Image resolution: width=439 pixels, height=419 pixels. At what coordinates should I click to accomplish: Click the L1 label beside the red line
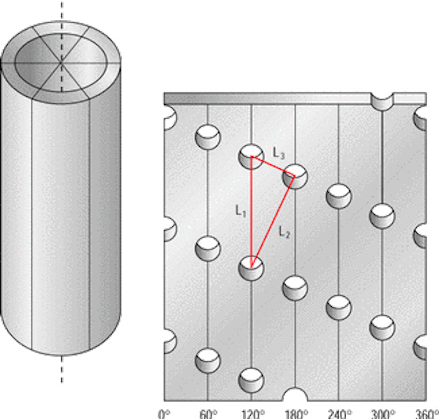coord(240,211)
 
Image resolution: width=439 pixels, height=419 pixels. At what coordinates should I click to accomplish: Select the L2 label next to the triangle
coord(284,233)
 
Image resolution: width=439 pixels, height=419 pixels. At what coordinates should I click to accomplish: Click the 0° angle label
coord(165,413)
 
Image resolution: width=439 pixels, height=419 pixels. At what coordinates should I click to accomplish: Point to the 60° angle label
coord(207,413)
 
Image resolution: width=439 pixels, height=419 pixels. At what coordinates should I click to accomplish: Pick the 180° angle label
coord(295,413)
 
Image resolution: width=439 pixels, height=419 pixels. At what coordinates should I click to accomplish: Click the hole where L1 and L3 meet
coord(251,157)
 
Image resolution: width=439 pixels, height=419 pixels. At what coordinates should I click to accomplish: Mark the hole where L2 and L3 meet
coord(295,176)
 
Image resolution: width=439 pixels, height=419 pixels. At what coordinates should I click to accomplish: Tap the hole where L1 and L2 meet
coord(251,267)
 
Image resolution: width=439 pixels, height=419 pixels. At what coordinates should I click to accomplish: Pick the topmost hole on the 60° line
coord(208,137)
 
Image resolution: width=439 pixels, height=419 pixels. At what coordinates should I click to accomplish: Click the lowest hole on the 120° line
coord(251,380)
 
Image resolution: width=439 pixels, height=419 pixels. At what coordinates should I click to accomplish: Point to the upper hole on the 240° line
coord(339,196)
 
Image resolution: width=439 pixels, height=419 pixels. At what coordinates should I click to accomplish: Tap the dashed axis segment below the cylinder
coord(62,372)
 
